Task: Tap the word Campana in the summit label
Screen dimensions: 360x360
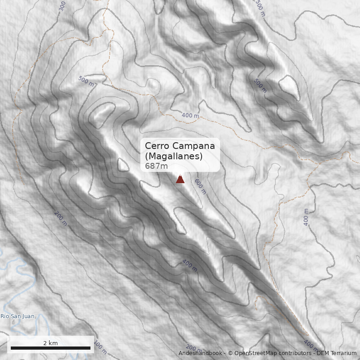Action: [193, 146]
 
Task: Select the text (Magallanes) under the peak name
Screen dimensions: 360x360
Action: [174, 156]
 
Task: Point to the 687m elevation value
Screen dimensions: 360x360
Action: [157, 166]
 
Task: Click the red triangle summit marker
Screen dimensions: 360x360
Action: [180, 179]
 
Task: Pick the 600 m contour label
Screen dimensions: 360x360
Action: [200, 186]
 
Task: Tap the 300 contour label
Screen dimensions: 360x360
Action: [62, 5]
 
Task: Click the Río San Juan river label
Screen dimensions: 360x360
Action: [17, 316]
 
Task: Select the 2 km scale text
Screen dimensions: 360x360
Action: [50, 343]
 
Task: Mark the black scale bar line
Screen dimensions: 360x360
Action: [50, 348]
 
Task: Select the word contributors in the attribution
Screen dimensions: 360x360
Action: [295, 353]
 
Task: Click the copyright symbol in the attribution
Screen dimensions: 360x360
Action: [230, 353]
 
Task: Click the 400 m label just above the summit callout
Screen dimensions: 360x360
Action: [190, 116]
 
